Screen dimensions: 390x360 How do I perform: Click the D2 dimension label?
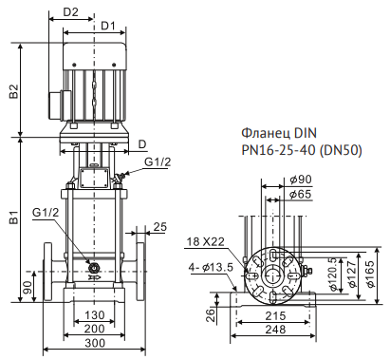tap(70, 12)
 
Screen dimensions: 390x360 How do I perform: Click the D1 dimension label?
tap(108, 26)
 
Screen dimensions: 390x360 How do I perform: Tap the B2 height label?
tap(14, 91)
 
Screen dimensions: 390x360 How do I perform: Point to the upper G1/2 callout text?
tap(158, 161)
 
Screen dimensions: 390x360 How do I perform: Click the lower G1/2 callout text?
tap(46, 212)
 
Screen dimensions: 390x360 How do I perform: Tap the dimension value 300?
tap(95, 343)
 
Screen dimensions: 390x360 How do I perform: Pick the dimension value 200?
tap(94, 329)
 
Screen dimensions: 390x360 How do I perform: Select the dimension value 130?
tap(94, 315)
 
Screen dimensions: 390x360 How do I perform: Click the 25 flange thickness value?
tap(159, 227)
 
